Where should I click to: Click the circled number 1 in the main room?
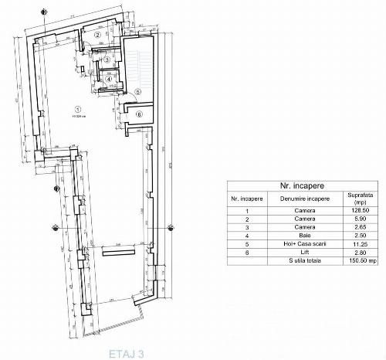click(77, 108)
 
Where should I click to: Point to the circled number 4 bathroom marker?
click(110, 78)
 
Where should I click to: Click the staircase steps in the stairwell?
click(140, 66)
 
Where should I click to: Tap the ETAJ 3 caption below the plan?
click(126, 353)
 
